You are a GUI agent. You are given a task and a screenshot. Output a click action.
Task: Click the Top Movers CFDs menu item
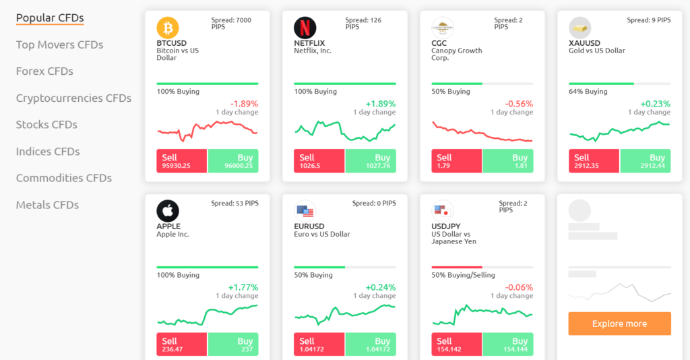click(x=59, y=44)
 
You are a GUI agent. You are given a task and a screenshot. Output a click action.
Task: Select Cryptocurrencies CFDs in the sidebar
click(x=73, y=98)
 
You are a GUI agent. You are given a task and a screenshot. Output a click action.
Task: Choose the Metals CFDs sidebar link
click(x=47, y=205)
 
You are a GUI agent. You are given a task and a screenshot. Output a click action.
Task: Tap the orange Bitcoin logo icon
click(x=168, y=28)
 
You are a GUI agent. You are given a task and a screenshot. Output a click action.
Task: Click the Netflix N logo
click(x=305, y=28)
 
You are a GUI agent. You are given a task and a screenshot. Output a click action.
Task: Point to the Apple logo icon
click(x=168, y=211)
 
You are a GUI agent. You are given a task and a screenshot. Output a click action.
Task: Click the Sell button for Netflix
click(x=319, y=161)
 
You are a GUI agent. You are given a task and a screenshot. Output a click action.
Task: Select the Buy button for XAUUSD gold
click(x=646, y=161)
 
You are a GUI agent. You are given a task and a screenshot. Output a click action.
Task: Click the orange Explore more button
click(x=619, y=324)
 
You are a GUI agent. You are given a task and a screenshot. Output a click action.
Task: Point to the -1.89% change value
click(x=244, y=104)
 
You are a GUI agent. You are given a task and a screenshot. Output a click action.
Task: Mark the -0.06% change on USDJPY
click(x=519, y=287)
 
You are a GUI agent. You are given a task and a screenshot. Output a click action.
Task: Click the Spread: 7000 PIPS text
click(x=231, y=24)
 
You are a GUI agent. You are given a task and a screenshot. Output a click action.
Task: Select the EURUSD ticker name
click(x=309, y=227)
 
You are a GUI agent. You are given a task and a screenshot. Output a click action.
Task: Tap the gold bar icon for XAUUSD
click(x=580, y=28)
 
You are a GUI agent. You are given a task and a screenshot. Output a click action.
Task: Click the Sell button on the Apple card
click(x=182, y=344)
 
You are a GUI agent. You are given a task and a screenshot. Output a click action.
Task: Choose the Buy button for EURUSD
click(x=371, y=344)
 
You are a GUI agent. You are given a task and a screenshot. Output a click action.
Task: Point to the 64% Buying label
click(x=588, y=92)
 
